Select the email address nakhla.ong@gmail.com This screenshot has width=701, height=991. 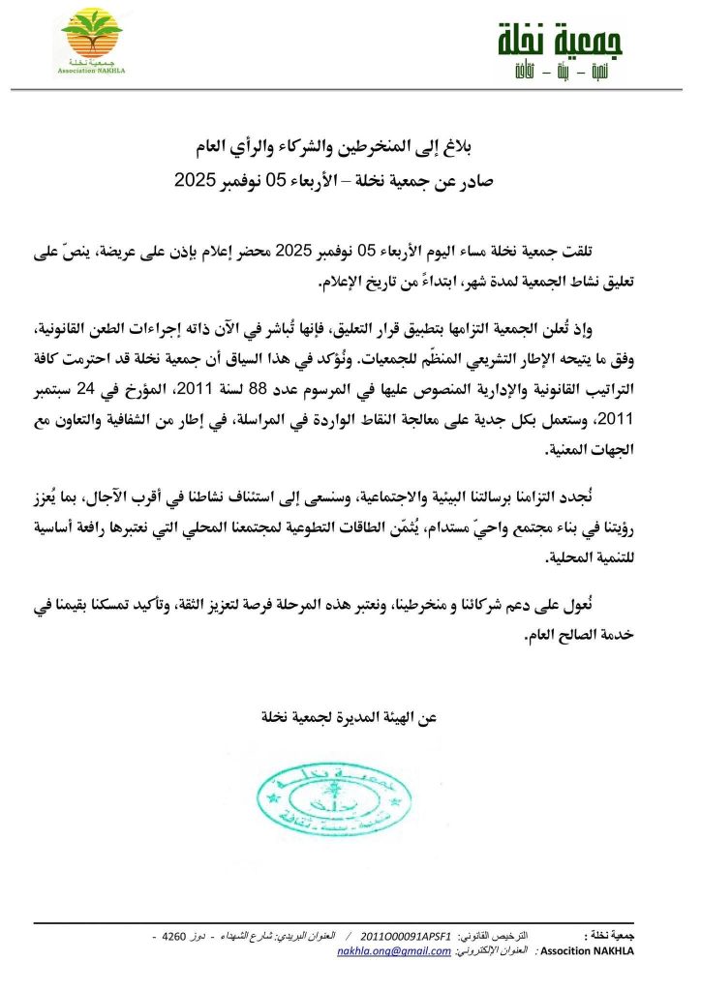tap(394, 952)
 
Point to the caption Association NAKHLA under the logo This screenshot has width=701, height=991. tap(92, 69)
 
